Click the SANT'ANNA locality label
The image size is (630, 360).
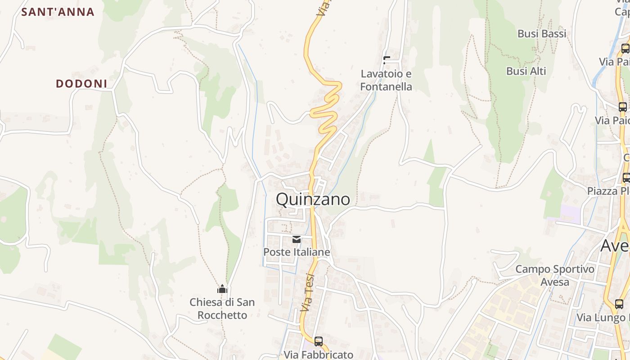[58, 12]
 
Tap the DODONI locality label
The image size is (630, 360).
[81, 84]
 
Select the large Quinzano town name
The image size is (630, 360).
[313, 199]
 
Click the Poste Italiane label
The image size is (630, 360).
[297, 252]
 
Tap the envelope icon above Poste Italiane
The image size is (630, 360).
[297, 239]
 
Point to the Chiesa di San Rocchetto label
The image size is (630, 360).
[222, 308]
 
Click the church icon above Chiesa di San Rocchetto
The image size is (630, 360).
[222, 289]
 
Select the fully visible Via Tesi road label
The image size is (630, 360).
[307, 292]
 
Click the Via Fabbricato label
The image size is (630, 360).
[318, 355]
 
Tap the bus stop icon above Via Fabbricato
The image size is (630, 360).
[318, 341]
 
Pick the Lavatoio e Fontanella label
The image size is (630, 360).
[386, 80]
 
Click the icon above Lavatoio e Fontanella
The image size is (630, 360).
[386, 60]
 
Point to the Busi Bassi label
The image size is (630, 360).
[542, 34]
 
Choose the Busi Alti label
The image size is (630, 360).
[526, 71]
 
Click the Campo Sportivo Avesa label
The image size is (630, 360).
[555, 275]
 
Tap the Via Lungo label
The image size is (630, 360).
[603, 317]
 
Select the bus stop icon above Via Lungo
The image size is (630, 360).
[619, 304]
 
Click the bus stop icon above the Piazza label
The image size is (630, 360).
[625, 177]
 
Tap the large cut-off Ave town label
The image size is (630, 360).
[616, 246]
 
